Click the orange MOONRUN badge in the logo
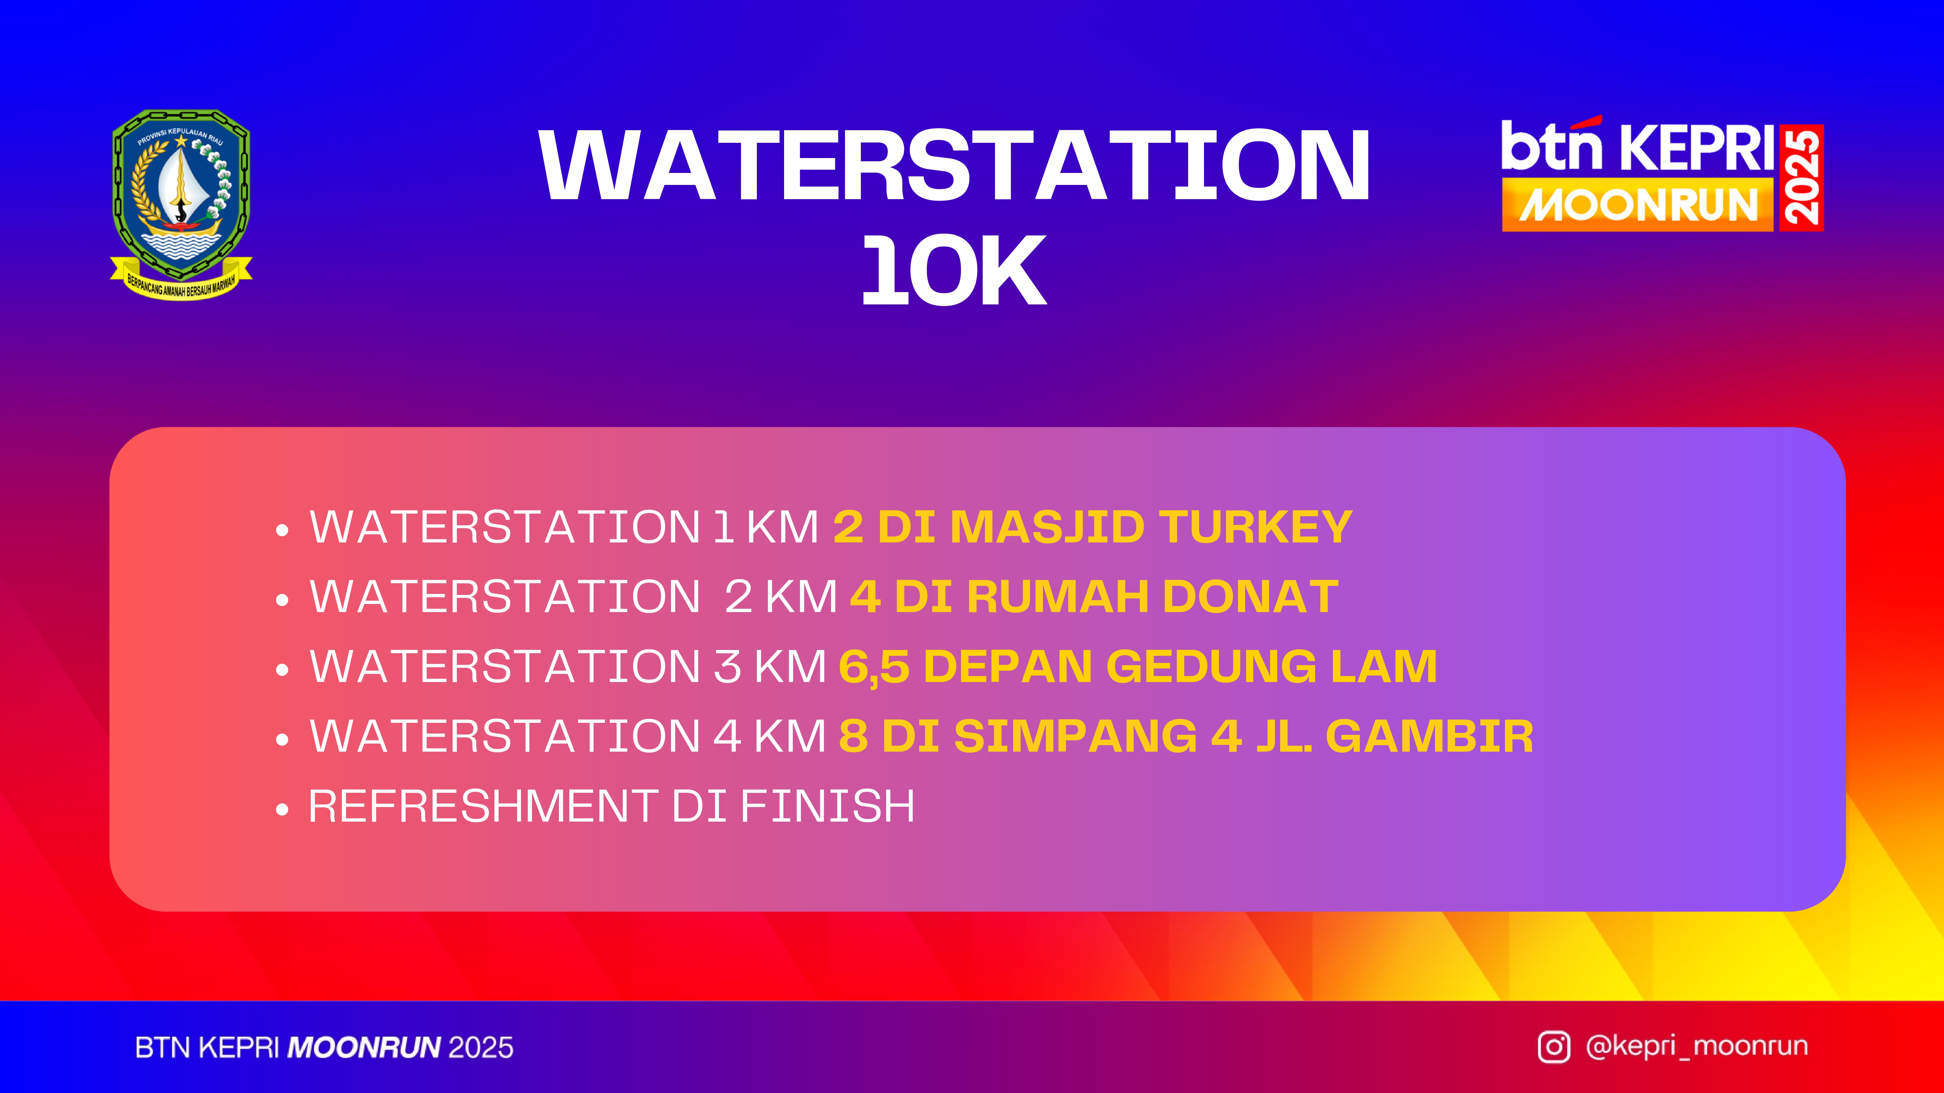[1637, 204]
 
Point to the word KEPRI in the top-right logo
[1698, 148]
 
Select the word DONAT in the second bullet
[1250, 597]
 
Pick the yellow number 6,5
[874, 667]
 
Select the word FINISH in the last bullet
[828, 806]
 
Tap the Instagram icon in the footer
[1554, 1047]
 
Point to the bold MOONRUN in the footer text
[364, 1048]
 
